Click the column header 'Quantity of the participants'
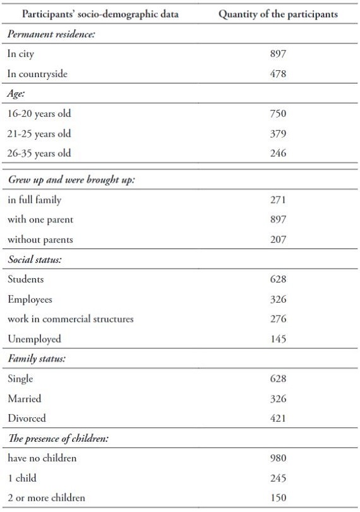click(x=278, y=15)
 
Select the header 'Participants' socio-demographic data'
click(x=100, y=15)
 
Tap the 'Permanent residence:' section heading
click(x=51, y=34)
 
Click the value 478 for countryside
click(x=278, y=74)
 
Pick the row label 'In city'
click(x=21, y=54)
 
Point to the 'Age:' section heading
click(x=16, y=94)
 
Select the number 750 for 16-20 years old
click(x=278, y=114)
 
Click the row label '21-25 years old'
click(x=39, y=134)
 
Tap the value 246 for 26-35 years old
click(x=278, y=153)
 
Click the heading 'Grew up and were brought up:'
click(x=71, y=180)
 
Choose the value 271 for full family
click(x=278, y=200)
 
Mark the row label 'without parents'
click(x=40, y=240)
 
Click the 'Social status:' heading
click(x=35, y=260)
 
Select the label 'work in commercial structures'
click(x=71, y=319)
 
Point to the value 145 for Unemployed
click(x=278, y=339)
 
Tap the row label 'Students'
click(x=26, y=279)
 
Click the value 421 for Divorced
click(x=278, y=418)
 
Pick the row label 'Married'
click(x=25, y=399)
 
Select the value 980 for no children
click(x=278, y=458)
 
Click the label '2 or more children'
click(x=46, y=498)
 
